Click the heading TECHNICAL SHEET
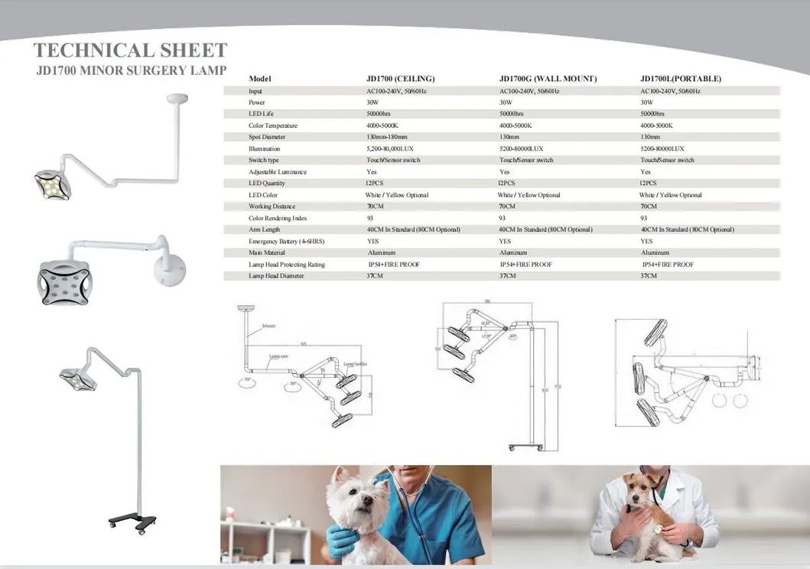(130, 50)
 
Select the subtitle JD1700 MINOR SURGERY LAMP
(131, 71)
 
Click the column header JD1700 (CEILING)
(400, 79)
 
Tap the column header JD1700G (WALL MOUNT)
(548, 79)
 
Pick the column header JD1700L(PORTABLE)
(680, 79)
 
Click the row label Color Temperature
(273, 125)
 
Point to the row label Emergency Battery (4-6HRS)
(287, 241)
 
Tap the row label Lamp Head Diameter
(276, 275)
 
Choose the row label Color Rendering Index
(278, 218)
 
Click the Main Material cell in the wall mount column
(513, 252)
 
